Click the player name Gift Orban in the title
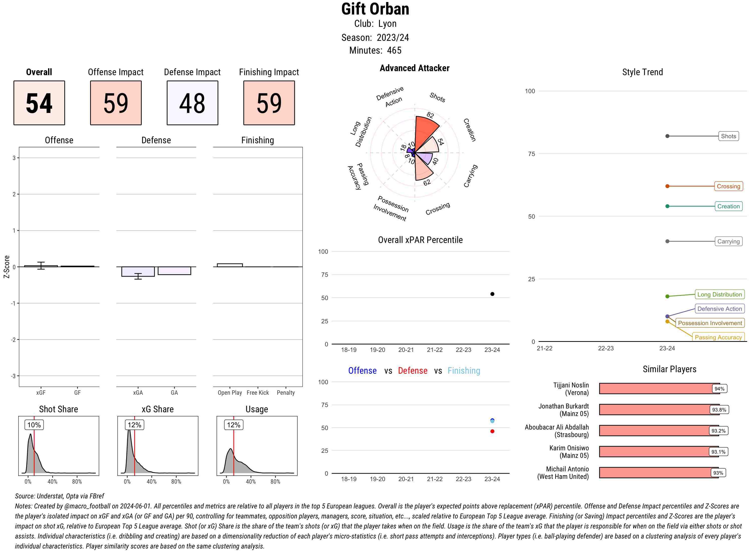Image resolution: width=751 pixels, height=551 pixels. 375,9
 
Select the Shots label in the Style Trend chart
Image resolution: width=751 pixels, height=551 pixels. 728,136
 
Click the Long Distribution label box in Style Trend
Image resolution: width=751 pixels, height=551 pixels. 719,295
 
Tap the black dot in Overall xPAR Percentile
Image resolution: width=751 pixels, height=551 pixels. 492,294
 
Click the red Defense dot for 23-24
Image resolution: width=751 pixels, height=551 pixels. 492,431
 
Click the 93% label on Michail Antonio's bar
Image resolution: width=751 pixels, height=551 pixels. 718,473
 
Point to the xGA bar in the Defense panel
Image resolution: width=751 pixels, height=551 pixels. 138,271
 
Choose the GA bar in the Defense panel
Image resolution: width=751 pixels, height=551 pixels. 174,270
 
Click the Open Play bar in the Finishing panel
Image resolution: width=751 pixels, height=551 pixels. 230,265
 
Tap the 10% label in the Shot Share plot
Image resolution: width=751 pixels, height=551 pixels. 34,425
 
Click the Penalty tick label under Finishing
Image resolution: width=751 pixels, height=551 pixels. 286,392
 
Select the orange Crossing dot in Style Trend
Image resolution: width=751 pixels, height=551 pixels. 667,186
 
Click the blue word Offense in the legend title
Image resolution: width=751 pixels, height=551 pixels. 362,371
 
